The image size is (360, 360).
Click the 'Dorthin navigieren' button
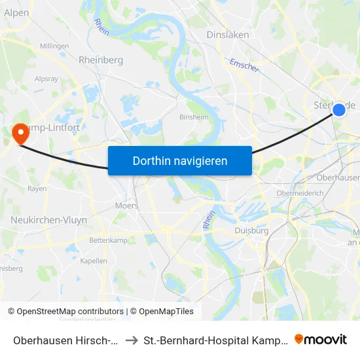click(179, 160)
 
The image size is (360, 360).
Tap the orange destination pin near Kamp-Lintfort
click(21, 134)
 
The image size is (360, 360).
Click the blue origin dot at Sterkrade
click(339, 109)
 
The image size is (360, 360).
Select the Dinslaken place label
click(224, 35)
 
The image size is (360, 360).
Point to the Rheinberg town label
click(101, 60)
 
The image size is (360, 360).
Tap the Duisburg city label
click(251, 230)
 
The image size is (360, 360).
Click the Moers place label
click(126, 206)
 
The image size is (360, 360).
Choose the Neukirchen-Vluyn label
click(48, 220)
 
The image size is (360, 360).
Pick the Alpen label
click(16, 12)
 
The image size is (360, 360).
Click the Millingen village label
click(54, 46)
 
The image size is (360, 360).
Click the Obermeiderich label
click(300, 193)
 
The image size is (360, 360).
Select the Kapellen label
click(94, 261)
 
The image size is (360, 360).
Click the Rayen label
click(37, 189)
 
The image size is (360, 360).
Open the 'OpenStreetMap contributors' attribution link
click(70, 312)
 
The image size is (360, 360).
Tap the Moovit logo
click(321, 339)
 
